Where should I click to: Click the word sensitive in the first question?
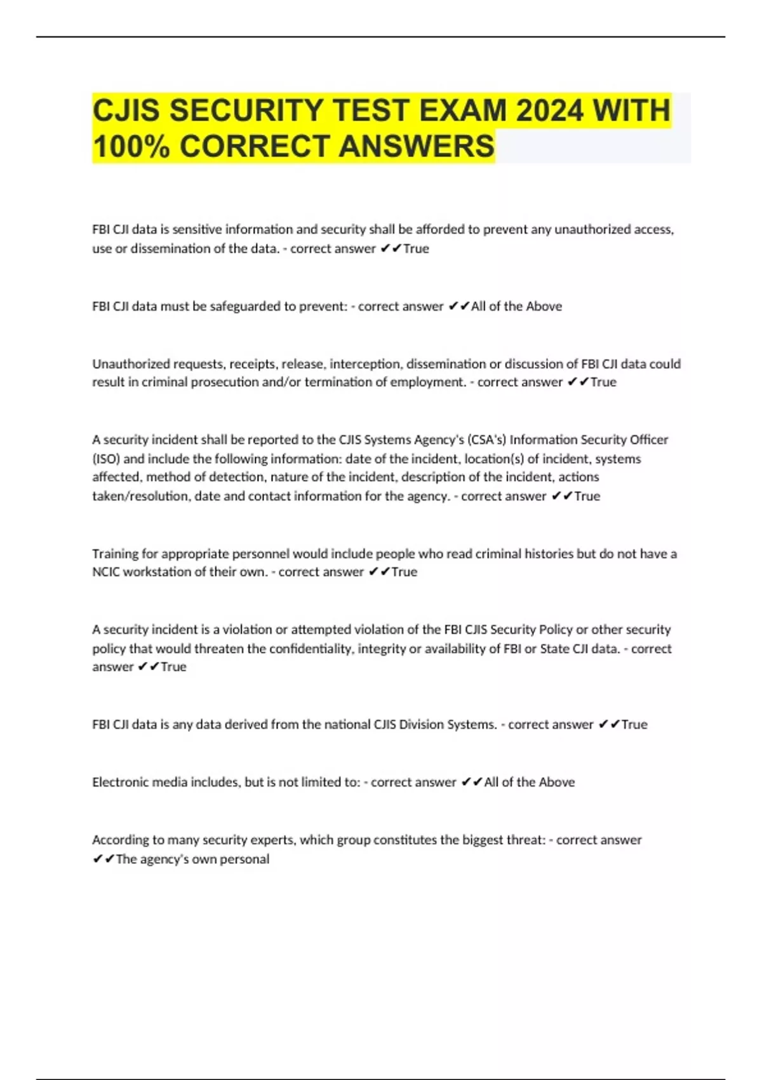(x=196, y=229)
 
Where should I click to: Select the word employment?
(x=427, y=382)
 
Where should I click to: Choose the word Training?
(x=116, y=554)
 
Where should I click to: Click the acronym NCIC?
(x=106, y=572)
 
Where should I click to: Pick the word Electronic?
(x=119, y=782)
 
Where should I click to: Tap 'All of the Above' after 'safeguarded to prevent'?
(x=516, y=306)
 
